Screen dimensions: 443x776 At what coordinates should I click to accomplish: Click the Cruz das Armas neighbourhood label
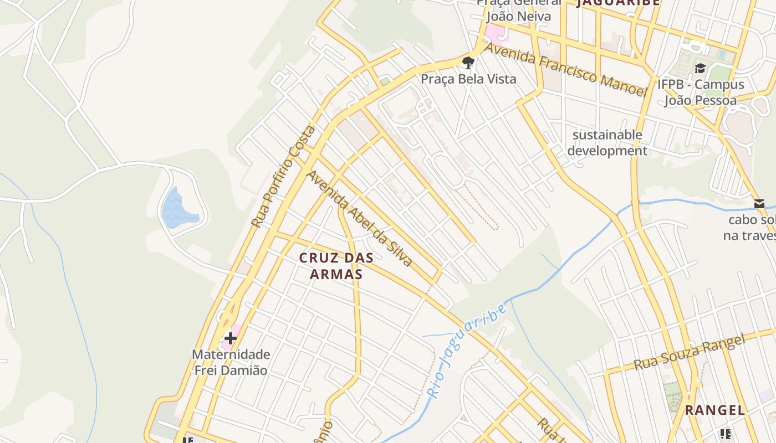pos(336,266)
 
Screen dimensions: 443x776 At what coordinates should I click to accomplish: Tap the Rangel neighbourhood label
pos(714,410)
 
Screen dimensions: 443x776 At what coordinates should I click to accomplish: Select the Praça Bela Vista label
pos(468,79)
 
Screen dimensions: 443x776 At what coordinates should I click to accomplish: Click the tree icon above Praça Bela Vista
pos(468,61)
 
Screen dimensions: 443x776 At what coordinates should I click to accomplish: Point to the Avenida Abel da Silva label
pos(360,218)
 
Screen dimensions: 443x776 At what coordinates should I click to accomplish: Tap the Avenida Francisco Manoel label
pos(566,69)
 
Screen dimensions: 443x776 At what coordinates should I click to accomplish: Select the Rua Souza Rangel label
pos(689,353)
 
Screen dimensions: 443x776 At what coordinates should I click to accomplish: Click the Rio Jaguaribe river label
pos(467,350)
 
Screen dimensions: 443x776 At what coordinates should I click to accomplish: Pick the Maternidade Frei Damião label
pos(231,362)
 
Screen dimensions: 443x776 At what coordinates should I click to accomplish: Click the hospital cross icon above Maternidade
pos(231,338)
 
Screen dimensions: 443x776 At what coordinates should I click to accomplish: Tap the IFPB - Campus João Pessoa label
pos(701,92)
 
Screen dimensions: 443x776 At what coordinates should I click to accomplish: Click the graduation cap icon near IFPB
pos(701,68)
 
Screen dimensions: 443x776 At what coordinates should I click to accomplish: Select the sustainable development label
pos(607,143)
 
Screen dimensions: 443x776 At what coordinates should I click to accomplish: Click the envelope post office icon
pos(759,204)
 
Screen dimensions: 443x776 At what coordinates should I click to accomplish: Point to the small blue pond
pos(178,209)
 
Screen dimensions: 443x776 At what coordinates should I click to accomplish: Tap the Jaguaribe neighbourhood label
pos(618,2)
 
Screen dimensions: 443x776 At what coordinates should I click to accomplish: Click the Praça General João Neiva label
pos(519,10)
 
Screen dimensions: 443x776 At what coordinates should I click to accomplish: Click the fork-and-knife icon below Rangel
pos(726,434)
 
